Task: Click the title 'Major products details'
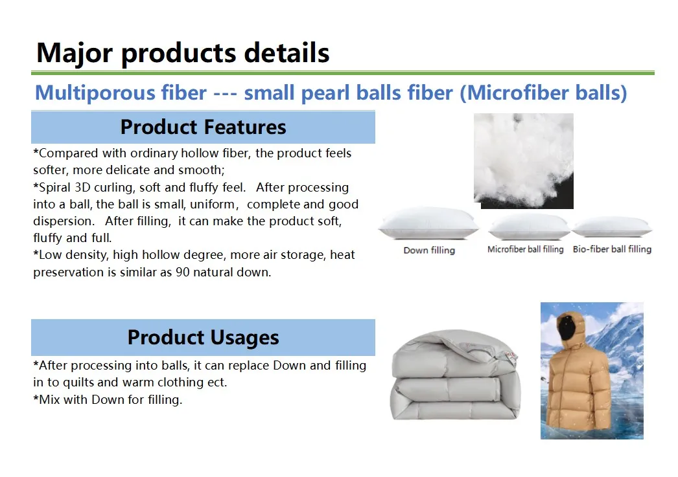click(x=183, y=54)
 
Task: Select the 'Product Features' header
click(x=204, y=127)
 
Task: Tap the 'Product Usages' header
click(x=204, y=337)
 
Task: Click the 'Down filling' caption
click(x=429, y=250)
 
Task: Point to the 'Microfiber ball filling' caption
click(x=526, y=249)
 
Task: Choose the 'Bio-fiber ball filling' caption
click(x=612, y=249)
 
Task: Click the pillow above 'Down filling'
click(x=428, y=223)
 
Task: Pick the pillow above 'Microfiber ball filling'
click(x=529, y=227)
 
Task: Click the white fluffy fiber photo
click(x=524, y=161)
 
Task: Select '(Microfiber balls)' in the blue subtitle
click(x=543, y=93)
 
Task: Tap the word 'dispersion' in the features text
click(x=63, y=221)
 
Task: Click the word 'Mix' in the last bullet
click(x=49, y=400)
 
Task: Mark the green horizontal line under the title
click(x=342, y=73)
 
